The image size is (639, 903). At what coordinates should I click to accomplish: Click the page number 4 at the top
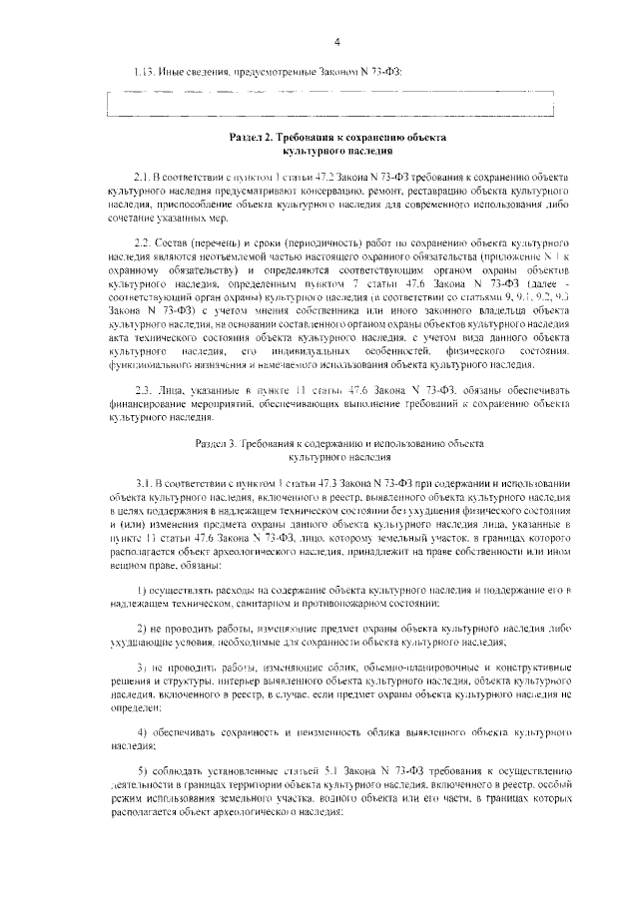337,41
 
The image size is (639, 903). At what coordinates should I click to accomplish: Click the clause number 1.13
145,74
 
